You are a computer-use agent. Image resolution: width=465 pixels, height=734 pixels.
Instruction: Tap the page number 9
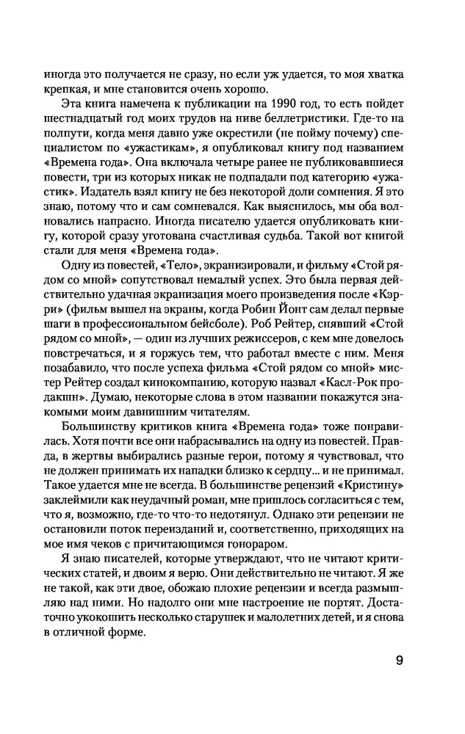coord(400,659)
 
